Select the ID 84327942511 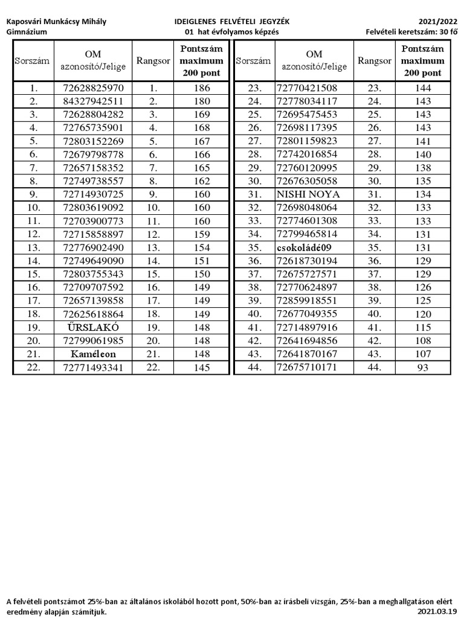(93, 101)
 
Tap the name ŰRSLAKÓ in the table (93, 327)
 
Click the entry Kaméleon (93, 354)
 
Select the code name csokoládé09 (307, 247)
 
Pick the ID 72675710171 (307, 367)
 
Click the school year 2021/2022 (439, 21)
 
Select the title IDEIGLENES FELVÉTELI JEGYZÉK (231, 21)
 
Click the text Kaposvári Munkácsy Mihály (56, 21)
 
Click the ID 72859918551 (307, 301)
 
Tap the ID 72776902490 (93, 247)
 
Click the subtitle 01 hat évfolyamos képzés (231, 32)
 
